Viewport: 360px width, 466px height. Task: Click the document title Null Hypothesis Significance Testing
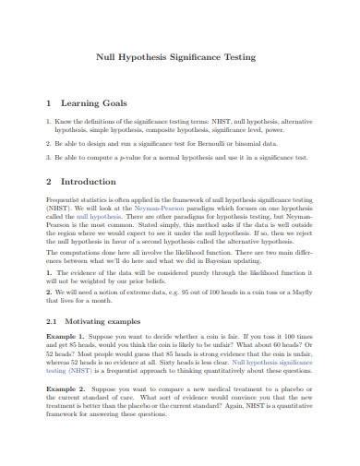[180, 57]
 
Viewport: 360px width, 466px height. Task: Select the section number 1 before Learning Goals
[48, 104]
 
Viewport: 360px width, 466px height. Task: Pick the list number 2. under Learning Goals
[49, 145]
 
